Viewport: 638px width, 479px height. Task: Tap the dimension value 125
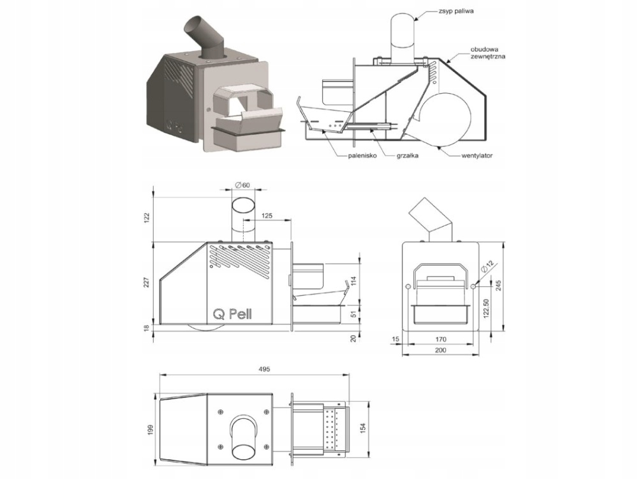(x=267, y=216)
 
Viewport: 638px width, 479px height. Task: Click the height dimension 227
(x=146, y=282)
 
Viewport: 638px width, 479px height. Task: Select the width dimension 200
(x=440, y=351)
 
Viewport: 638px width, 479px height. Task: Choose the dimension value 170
(x=440, y=339)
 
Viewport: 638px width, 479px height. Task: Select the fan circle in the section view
(x=445, y=120)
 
